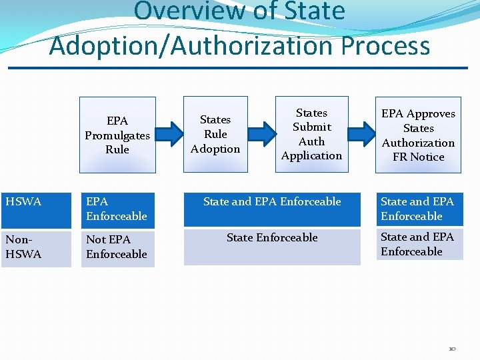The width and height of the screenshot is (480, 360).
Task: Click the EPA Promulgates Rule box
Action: click(x=117, y=135)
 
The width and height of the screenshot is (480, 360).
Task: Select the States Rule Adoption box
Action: click(x=215, y=134)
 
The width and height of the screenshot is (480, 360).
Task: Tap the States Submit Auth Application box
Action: click(x=311, y=134)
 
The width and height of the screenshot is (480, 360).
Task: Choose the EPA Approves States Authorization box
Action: click(x=418, y=135)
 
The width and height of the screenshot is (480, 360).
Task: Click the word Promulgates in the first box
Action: click(x=117, y=135)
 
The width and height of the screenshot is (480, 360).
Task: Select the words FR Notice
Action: click(x=419, y=157)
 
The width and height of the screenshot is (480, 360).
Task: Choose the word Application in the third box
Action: click(x=311, y=156)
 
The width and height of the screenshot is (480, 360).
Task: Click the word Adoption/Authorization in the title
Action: click(x=193, y=46)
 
